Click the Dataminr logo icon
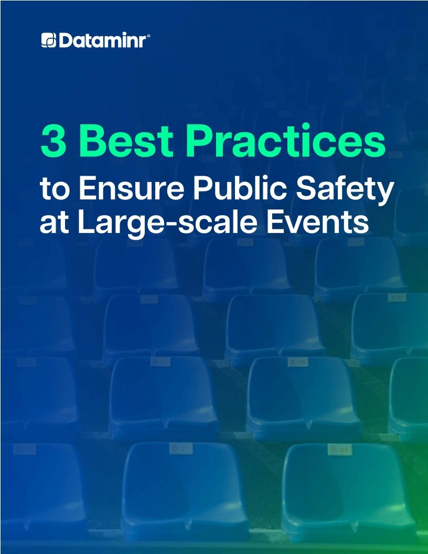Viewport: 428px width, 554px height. click(x=49, y=40)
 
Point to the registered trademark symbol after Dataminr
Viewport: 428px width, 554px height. click(x=149, y=36)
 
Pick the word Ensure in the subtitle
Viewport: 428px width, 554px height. click(x=123, y=189)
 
